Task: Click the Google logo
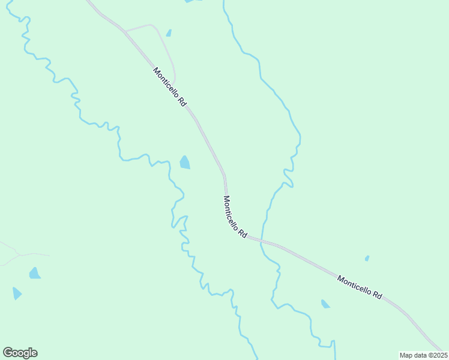point(20,353)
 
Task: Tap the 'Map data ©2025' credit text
point(423,355)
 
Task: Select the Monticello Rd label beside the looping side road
point(170,87)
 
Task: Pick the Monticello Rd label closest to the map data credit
point(360,287)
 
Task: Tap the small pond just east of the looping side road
point(169,33)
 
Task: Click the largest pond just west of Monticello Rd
point(185,163)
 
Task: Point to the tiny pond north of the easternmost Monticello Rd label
point(367,259)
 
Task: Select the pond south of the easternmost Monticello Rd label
point(325,304)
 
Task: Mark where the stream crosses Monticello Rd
point(263,240)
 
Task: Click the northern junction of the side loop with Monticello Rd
point(124,30)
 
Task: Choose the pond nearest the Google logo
point(17,293)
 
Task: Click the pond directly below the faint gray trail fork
point(35,274)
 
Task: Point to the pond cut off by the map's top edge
point(192,1)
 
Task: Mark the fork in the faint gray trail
point(20,254)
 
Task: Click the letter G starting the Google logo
point(7,353)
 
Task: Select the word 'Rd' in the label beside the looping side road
point(182,103)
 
